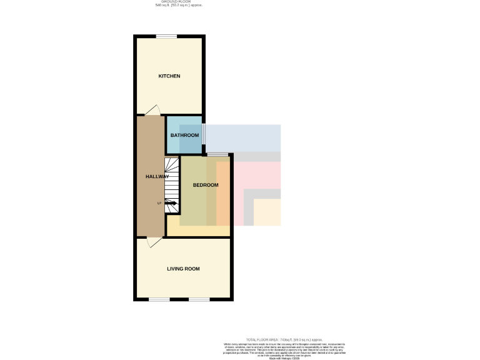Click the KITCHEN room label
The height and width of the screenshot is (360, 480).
[169, 76]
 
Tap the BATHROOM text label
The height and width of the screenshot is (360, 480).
[184, 136]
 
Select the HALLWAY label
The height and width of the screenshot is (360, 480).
[157, 177]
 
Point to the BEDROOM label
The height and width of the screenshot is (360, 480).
[206, 185]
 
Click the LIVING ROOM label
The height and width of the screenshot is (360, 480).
[183, 269]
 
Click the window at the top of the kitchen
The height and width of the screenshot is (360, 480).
[166, 36]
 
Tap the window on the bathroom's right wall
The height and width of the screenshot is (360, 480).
[204, 134]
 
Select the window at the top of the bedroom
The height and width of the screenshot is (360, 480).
[217, 154]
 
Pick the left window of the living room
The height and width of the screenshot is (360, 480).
[159, 299]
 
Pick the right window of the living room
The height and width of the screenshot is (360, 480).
[199, 299]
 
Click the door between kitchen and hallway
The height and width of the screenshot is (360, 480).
[152, 111]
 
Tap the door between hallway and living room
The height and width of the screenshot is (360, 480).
[152, 242]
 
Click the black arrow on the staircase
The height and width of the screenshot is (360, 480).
[171, 203]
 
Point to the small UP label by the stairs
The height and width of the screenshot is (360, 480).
[159, 203]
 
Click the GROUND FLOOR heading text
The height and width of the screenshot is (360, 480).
[179, 2]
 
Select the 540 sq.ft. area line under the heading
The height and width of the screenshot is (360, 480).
[179, 6]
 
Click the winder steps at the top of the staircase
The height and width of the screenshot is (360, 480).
[172, 166]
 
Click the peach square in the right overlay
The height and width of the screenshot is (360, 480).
[267, 212]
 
